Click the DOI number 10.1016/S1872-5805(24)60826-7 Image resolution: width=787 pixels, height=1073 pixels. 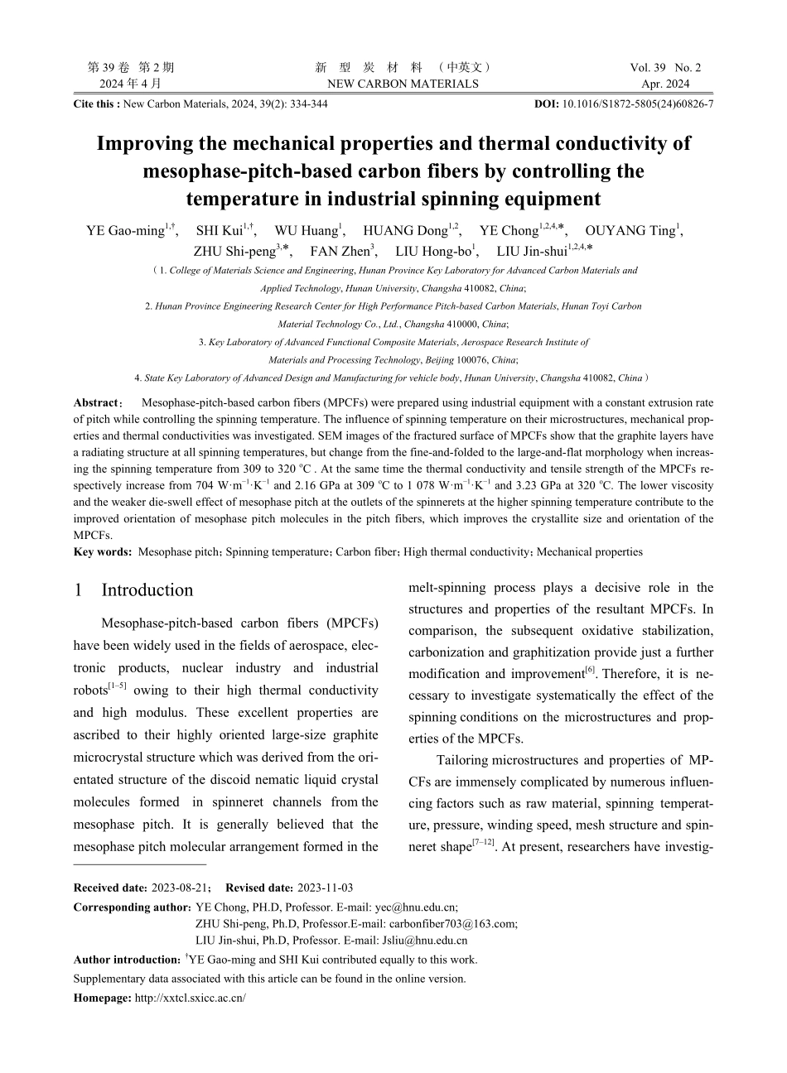[637, 104]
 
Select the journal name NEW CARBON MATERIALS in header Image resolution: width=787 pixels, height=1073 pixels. [403, 84]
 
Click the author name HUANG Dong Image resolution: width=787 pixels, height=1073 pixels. [405, 231]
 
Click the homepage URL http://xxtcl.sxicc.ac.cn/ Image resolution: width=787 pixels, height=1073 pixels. [190, 998]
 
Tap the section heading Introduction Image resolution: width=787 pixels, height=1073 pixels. [147, 590]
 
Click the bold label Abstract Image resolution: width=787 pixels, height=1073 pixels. [96, 403]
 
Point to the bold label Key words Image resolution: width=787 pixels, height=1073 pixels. [102, 551]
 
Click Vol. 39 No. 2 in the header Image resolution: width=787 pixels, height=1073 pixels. [665, 68]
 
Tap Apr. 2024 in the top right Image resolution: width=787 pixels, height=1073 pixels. [665, 84]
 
